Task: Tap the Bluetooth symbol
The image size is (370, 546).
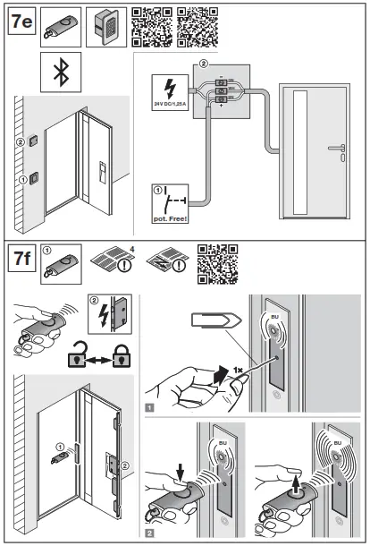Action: [x=61, y=72]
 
